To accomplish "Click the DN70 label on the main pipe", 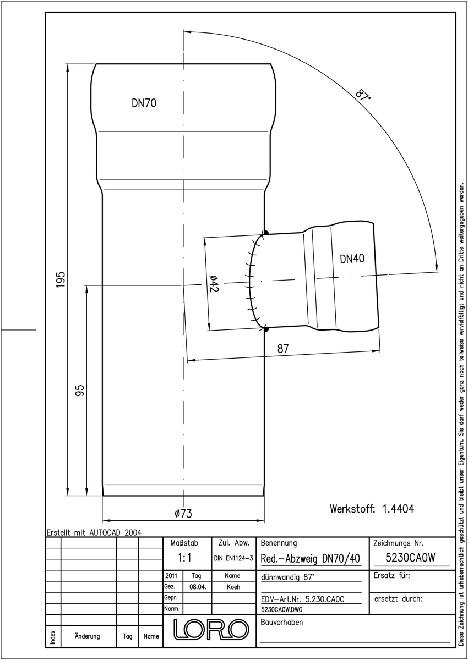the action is pyautogui.click(x=144, y=103).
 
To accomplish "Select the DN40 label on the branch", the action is pyautogui.click(x=352, y=258).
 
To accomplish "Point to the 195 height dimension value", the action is pyautogui.click(x=61, y=280).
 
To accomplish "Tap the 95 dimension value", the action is pyautogui.click(x=80, y=391).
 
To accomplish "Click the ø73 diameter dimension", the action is pyautogui.click(x=183, y=514).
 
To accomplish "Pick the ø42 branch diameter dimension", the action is pyautogui.click(x=213, y=283).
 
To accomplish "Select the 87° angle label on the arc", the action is pyautogui.click(x=363, y=94).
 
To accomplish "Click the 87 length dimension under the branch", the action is pyautogui.click(x=283, y=349).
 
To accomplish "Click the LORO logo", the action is pyautogui.click(x=211, y=630).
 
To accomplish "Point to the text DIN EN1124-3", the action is pyautogui.click(x=233, y=558).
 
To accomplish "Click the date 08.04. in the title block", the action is pyautogui.click(x=198, y=587).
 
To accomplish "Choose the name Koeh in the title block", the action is pyautogui.click(x=233, y=587).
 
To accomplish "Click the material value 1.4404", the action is pyautogui.click(x=398, y=509).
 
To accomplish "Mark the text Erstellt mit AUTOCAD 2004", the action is pyautogui.click(x=94, y=532).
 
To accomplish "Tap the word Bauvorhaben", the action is pyautogui.click(x=281, y=622).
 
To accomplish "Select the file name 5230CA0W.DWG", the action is pyautogui.click(x=281, y=609).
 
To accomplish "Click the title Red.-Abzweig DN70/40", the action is pyautogui.click(x=310, y=558).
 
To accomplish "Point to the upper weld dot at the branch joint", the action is pyautogui.click(x=266, y=233).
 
